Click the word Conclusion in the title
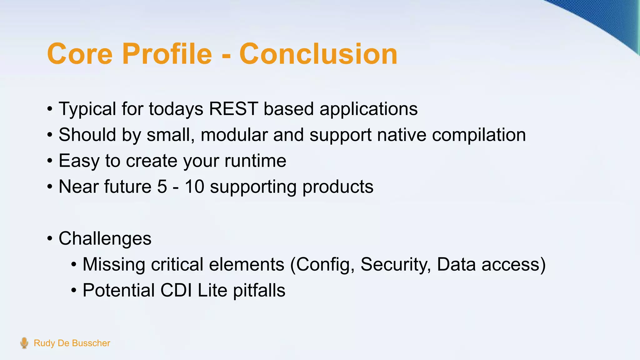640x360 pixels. point(318,54)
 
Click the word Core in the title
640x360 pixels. point(80,54)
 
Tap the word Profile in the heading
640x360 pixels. point(167,54)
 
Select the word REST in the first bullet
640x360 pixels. point(233,109)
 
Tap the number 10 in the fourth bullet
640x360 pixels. point(194,187)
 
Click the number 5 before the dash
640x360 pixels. point(162,187)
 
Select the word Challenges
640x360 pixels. point(105,239)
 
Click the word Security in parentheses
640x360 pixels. point(396,265)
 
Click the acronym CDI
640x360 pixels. point(176,290)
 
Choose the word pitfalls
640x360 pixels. point(259,291)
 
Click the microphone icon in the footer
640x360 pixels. point(24,343)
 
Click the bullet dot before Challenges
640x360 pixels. point(50,239)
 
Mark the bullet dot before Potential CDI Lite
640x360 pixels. point(74,291)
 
